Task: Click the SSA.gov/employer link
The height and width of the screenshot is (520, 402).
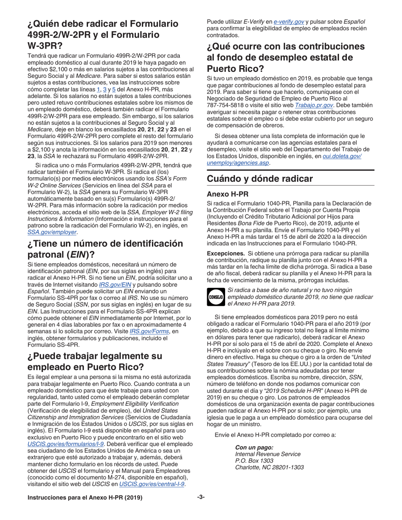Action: pos(52,232)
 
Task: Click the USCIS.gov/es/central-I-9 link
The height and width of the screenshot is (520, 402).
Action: pos(152,484)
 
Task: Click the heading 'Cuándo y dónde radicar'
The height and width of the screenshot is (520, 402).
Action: pos(266,179)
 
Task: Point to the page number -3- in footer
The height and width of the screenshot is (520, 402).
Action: pos(201,498)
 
